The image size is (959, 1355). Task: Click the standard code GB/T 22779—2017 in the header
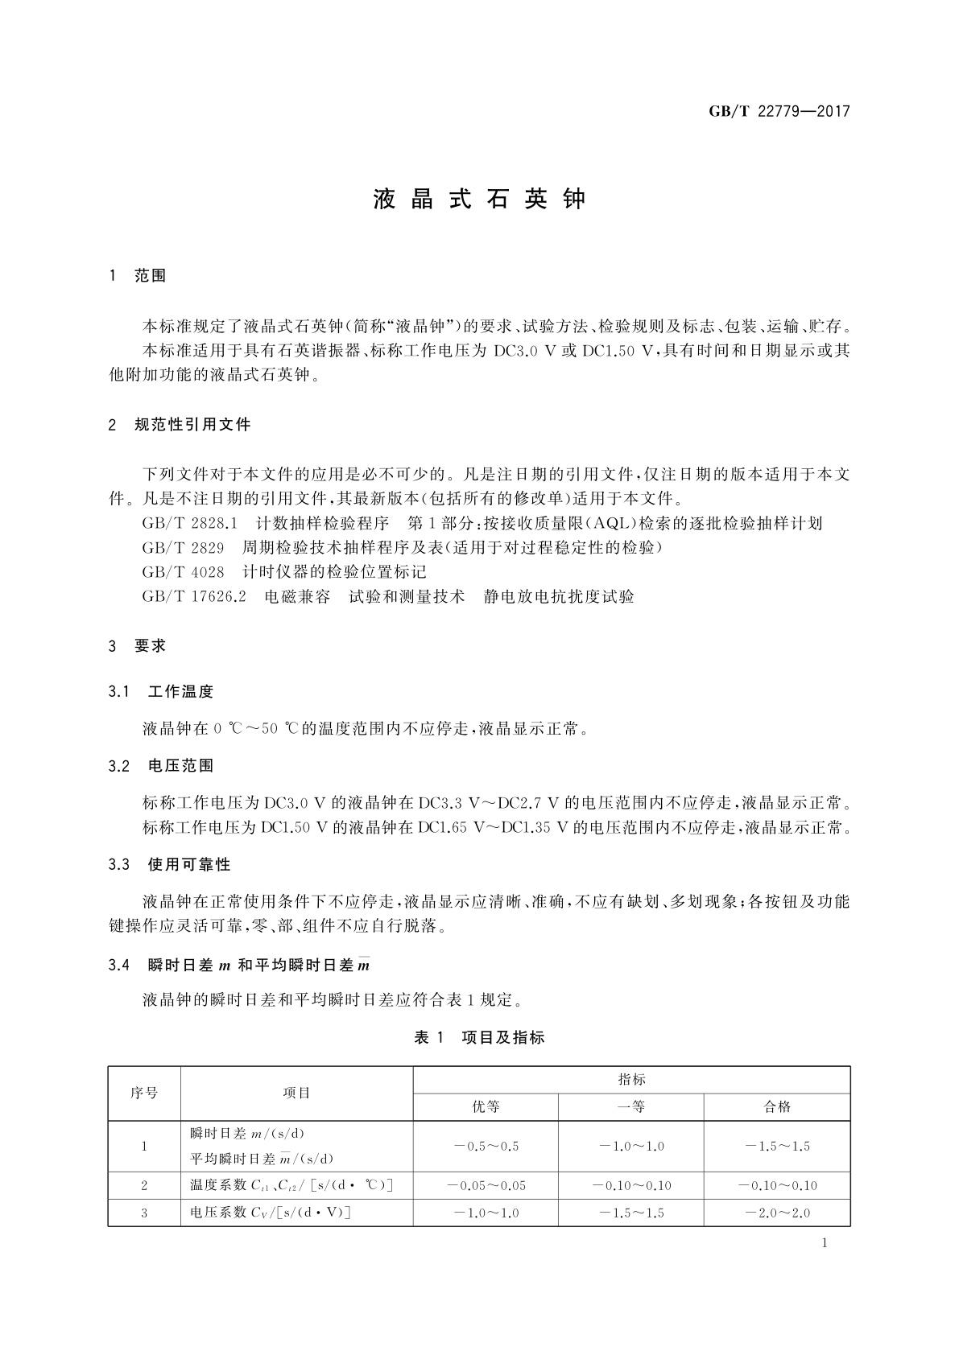(779, 112)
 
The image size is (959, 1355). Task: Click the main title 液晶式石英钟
(480, 200)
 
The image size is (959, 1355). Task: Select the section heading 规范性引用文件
(192, 424)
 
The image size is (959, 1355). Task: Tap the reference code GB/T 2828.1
(189, 524)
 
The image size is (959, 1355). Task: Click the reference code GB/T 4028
(183, 572)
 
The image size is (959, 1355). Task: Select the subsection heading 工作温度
(181, 691)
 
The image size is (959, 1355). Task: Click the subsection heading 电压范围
(181, 766)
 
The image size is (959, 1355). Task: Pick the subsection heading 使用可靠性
(189, 865)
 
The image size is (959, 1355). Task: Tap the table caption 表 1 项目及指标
(479, 1038)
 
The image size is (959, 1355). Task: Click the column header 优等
(486, 1107)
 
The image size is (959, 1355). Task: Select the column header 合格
(777, 1107)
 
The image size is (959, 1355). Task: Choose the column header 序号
(144, 1093)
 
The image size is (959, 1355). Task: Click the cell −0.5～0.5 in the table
(486, 1147)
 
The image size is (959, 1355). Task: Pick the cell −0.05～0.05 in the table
(486, 1185)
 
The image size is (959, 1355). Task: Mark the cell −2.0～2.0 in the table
(777, 1213)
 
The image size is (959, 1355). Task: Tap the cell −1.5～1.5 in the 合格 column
(777, 1147)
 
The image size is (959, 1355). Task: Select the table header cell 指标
(631, 1080)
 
